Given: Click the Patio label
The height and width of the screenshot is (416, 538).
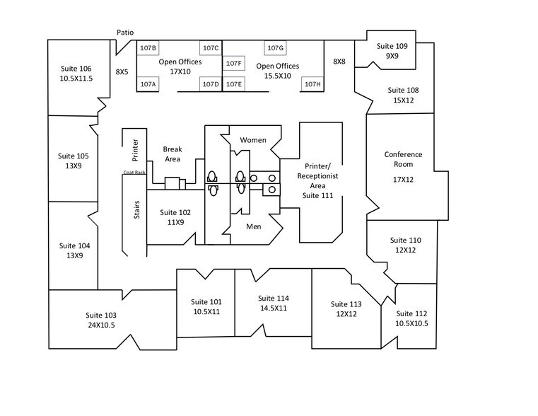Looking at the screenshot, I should click(x=125, y=33).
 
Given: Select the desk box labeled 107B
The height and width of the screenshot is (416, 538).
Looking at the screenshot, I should click(x=148, y=48).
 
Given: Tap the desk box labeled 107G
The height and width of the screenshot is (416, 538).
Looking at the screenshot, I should click(x=275, y=48).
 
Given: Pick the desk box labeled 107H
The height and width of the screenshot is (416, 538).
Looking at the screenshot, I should click(x=312, y=84).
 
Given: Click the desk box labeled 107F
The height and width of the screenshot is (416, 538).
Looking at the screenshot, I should click(x=234, y=64).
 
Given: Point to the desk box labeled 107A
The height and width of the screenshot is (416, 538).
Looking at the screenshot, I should click(x=148, y=84).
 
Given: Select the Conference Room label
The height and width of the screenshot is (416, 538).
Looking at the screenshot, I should click(x=403, y=159).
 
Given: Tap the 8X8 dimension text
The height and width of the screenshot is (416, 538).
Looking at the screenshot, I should click(x=339, y=62).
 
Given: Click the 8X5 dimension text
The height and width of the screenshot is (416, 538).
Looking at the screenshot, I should click(x=122, y=71).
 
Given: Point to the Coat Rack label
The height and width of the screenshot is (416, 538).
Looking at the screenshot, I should click(x=134, y=173).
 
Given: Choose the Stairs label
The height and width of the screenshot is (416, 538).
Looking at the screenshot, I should click(x=136, y=210).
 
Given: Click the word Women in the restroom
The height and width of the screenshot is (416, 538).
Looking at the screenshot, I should click(x=253, y=140).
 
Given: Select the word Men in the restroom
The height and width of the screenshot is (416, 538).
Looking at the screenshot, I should click(x=254, y=227).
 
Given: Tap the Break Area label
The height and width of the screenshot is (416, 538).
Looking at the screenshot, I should click(x=172, y=154).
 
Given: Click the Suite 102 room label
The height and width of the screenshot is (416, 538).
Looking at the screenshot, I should click(x=175, y=212).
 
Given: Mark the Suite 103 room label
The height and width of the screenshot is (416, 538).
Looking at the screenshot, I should click(x=100, y=315).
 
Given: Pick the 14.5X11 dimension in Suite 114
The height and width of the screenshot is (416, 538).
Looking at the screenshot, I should click(x=274, y=308).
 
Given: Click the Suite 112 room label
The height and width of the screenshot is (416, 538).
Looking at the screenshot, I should click(x=411, y=314).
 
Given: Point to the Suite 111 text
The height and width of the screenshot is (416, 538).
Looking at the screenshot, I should click(x=317, y=195).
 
